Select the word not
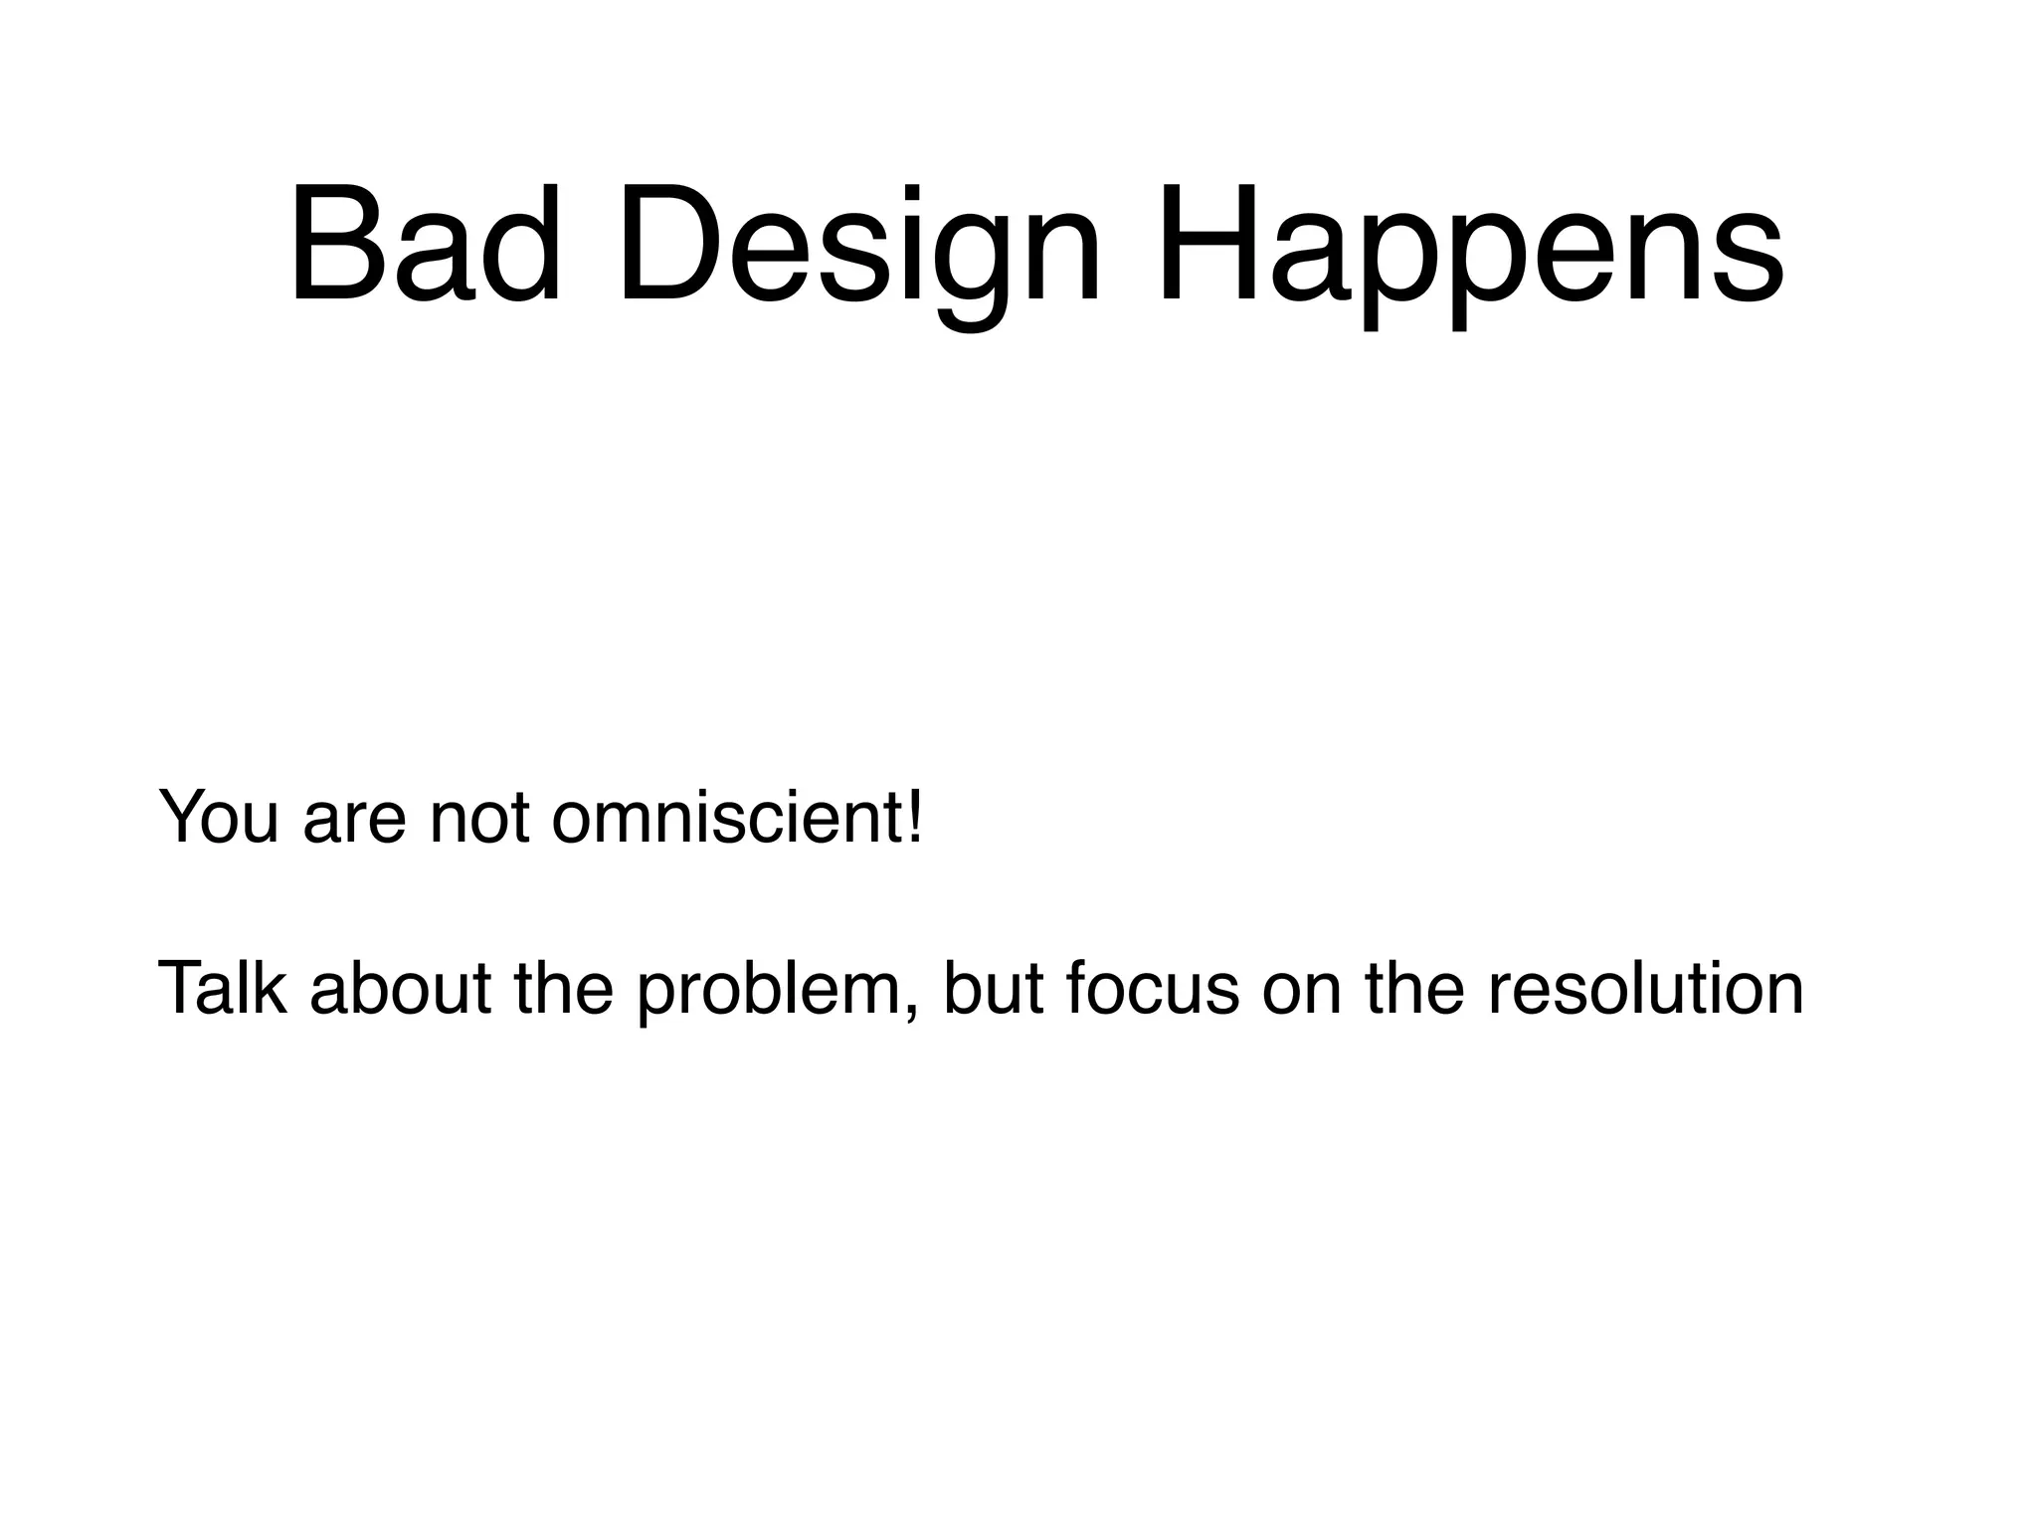click(479, 819)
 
